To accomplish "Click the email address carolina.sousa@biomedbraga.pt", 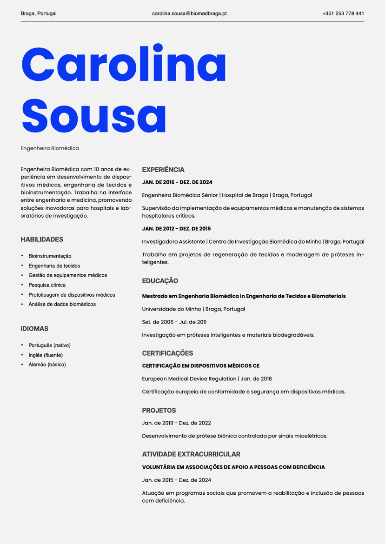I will tap(189, 13).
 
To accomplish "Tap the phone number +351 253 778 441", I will tap(343, 13).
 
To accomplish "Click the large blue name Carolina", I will tap(124, 65).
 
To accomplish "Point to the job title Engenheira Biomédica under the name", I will tap(50, 148).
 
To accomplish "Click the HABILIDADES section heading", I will tap(42, 239).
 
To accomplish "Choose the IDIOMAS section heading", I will tap(34, 329).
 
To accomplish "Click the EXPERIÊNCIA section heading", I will tap(163, 170).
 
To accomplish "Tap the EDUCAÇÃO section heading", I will tap(160, 281).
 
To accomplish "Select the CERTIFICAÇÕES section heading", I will tap(167, 353).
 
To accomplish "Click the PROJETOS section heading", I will tap(159, 411).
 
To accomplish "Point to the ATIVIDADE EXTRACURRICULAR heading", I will tap(191, 454).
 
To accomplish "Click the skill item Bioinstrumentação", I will tap(50, 256).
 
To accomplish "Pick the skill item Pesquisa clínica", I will tap(47, 285).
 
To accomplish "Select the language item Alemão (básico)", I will tap(47, 365).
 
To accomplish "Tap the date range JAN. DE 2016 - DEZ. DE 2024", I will tap(177, 182).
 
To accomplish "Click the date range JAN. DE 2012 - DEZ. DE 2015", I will tap(176, 229).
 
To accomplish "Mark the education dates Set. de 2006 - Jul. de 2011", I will tap(174, 322).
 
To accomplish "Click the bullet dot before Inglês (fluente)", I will tap(22, 355).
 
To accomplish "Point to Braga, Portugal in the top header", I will tap(39, 13).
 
